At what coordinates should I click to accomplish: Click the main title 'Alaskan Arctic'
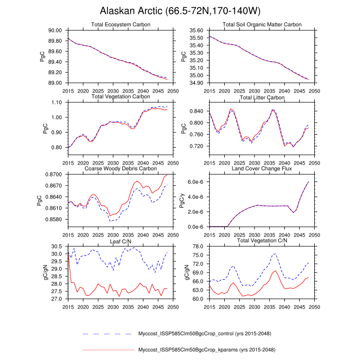pos(179,11)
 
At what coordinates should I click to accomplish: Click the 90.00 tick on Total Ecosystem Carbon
pos(55,31)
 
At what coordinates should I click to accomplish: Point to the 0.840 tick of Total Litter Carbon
pos(197,111)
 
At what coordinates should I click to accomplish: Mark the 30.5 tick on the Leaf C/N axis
pos(57,247)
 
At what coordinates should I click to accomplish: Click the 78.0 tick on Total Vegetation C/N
pos(199,247)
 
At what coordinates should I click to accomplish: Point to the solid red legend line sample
pos(108,350)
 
